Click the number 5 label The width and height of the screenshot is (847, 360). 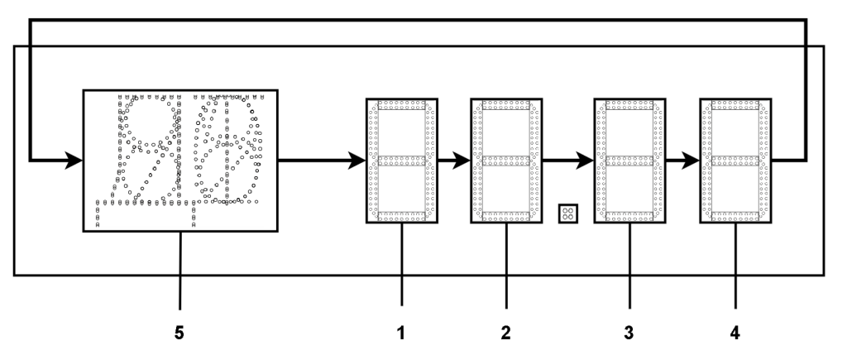[179, 333]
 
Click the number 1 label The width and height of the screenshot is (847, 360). [401, 333]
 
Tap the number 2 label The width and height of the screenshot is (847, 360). [505, 333]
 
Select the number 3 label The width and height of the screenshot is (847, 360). [629, 333]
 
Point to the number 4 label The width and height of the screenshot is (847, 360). [735, 333]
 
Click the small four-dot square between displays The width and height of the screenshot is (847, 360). [568, 214]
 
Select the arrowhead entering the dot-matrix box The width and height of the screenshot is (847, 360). [74, 161]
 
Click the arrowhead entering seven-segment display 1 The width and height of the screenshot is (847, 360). [357, 161]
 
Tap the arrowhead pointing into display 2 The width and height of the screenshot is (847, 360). [462, 161]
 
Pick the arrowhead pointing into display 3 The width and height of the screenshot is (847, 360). [586, 161]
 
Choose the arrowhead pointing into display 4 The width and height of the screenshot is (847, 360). [691, 161]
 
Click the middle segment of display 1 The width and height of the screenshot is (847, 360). [402, 161]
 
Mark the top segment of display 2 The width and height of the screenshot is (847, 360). [506, 105]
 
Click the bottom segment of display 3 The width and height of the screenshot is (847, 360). [629, 216]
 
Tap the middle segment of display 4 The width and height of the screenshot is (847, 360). [735, 161]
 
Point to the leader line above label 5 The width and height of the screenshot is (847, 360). [179, 271]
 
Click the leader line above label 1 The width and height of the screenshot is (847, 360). [402, 264]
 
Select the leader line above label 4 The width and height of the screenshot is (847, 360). [735, 266]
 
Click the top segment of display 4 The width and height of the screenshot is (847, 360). [735, 105]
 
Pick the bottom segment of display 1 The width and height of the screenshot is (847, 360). [402, 216]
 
